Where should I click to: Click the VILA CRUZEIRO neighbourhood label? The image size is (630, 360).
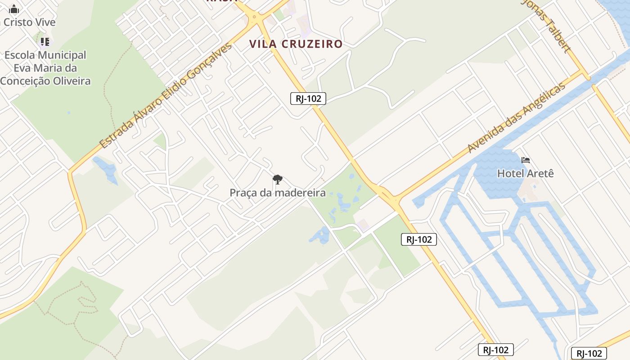pyautogui.click(x=296, y=44)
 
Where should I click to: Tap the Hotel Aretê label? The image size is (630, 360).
pyautogui.click(x=525, y=173)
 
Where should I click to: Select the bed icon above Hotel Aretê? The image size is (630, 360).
pyautogui.click(x=525, y=160)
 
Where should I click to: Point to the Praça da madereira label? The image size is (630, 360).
pyautogui.click(x=277, y=193)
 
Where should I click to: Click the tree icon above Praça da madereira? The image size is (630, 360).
pyautogui.click(x=278, y=180)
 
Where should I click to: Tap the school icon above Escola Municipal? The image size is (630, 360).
pyautogui.click(x=45, y=42)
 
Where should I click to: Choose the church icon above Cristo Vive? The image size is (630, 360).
pyautogui.click(x=14, y=9)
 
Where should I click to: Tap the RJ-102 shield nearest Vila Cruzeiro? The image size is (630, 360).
pyautogui.click(x=308, y=99)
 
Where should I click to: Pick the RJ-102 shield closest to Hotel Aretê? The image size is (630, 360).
pyautogui.click(x=418, y=239)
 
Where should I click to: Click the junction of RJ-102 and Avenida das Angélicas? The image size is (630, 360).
pyautogui.click(x=395, y=199)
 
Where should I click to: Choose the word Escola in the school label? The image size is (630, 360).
pyautogui.click(x=19, y=55)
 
